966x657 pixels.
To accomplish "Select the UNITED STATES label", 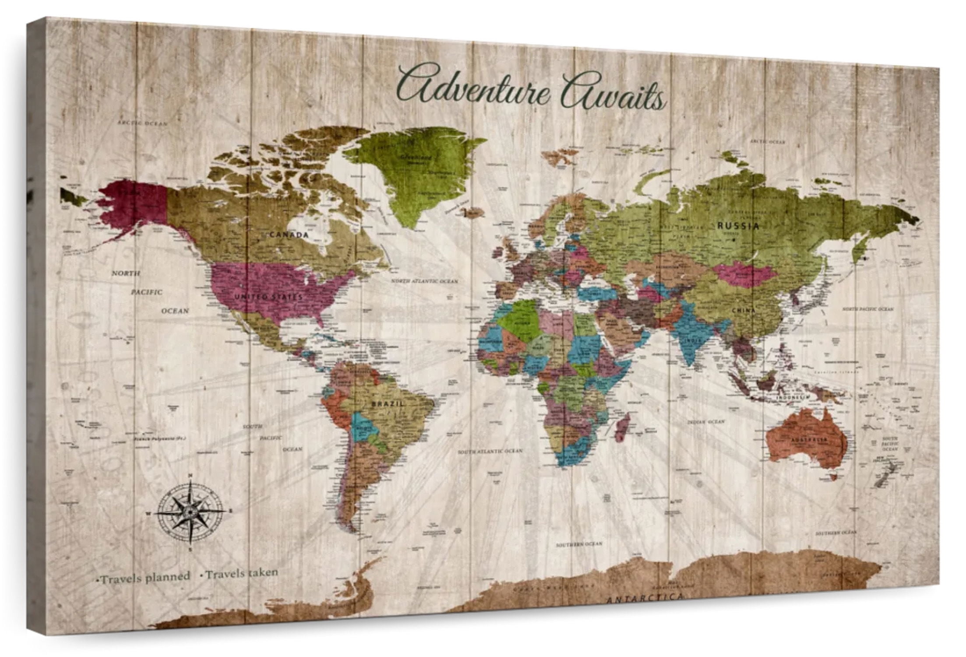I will point(268,297).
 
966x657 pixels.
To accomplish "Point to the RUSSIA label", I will point(738,226).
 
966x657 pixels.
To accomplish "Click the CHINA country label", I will point(744,310).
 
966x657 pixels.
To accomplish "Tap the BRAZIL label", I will point(388,403).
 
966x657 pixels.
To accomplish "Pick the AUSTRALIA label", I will point(809,439).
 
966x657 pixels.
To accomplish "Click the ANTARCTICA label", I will point(645,597).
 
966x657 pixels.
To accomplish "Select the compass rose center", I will point(190,511).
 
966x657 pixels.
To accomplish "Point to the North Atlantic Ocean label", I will point(424,281).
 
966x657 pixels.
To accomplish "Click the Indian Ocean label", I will point(705,421).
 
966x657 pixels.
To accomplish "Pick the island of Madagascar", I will point(623,427).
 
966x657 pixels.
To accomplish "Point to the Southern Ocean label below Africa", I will point(579,544).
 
